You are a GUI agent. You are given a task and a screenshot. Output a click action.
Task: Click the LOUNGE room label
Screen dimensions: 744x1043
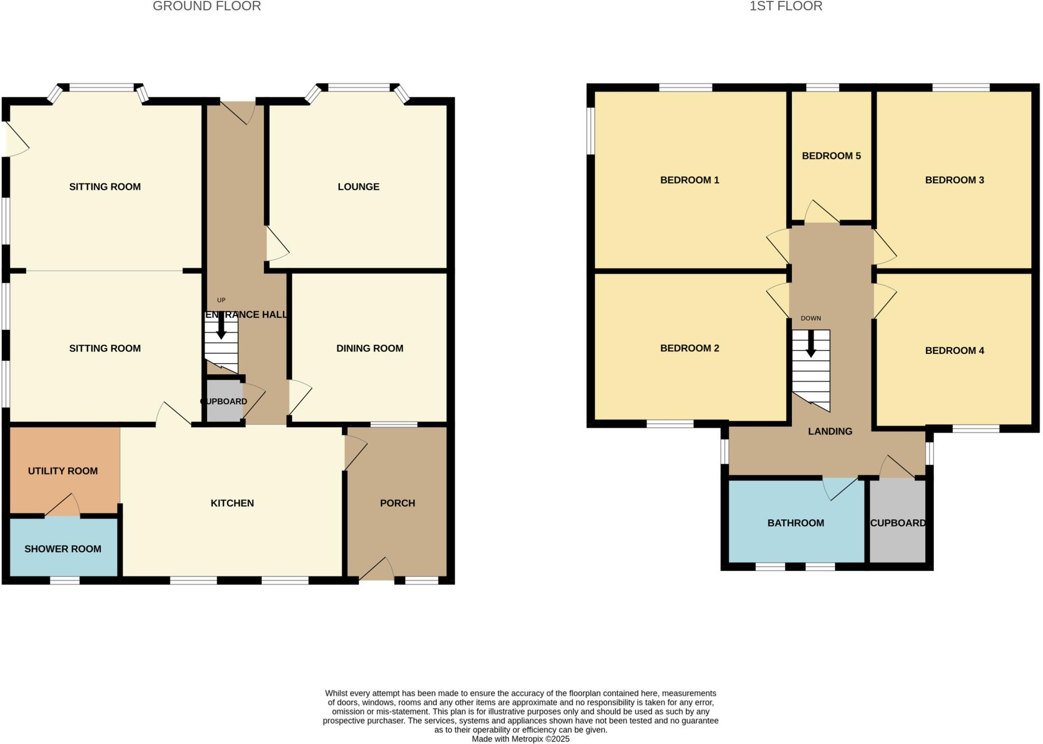(x=359, y=187)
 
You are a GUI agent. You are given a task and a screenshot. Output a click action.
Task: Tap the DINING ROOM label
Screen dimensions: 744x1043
(x=370, y=348)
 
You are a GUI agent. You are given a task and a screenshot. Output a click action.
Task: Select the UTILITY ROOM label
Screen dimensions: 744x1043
(x=63, y=471)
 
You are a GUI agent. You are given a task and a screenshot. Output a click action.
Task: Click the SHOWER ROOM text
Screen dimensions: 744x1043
(x=63, y=549)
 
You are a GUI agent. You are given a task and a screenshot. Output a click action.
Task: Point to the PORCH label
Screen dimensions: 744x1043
(x=397, y=503)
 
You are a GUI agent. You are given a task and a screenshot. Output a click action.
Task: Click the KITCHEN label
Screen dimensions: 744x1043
(x=232, y=503)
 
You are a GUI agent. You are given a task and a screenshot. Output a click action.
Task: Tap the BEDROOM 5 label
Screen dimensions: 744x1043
(x=831, y=156)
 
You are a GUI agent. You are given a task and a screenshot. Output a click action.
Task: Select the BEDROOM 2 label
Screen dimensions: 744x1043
(x=690, y=348)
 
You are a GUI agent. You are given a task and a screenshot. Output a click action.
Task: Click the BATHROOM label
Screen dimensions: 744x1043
(x=795, y=523)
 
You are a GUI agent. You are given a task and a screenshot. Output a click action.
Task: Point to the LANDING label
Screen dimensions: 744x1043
(x=830, y=431)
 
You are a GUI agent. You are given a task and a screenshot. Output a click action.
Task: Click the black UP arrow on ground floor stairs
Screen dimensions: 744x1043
(x=221, y=326)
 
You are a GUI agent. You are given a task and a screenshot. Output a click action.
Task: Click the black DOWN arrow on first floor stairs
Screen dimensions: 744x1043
(x=811, y=344)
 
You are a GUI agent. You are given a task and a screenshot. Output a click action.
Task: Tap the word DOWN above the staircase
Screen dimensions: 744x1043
(x=811, y=318)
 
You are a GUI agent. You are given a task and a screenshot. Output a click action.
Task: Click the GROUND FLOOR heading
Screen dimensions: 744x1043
(x=207, y=6)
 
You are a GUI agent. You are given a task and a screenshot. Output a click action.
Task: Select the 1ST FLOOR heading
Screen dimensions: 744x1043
(x=786, y=6)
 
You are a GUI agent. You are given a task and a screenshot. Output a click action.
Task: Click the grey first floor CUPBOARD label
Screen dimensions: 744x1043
(x=898, y=523)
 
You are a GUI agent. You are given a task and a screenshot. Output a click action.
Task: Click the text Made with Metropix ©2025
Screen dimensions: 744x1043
(x=520, y=739)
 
